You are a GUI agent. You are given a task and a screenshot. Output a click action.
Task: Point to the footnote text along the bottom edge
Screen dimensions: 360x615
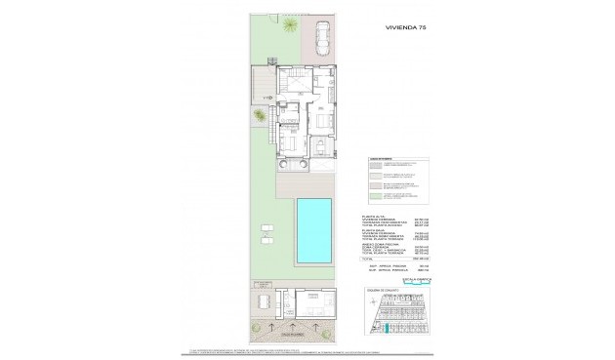(293, 348)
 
